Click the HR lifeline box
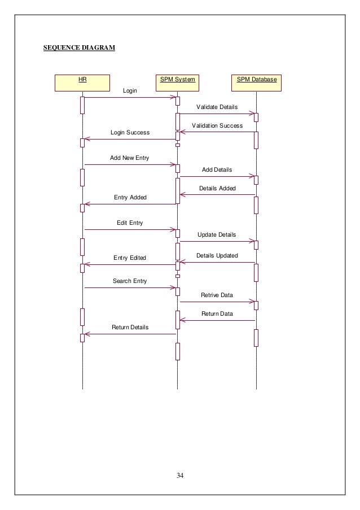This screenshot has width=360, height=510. (82, 82)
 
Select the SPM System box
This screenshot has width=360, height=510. (177, 82)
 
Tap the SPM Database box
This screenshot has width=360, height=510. (257, 82)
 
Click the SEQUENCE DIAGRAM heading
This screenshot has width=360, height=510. (80, 48)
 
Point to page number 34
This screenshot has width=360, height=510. (180, 474)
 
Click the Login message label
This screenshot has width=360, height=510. (130, 90)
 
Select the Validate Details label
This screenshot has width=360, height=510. (217, 107)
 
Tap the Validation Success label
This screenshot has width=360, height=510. (217, 126)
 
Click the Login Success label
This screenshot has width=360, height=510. (130, 133)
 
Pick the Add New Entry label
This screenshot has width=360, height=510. (130, 158)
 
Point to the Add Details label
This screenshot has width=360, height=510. (217, 169)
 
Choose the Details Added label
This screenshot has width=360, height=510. (217, 188)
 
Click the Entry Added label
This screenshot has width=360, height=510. (130, 198)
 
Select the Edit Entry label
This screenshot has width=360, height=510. (130, 223)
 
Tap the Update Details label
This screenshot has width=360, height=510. (217, 234)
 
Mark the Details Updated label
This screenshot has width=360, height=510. (217, 256)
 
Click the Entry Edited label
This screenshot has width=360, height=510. (130, 258)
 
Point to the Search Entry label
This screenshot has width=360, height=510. (130, 281)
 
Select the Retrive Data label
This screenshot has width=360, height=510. (217, 295)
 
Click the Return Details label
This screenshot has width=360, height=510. (130, 328)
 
